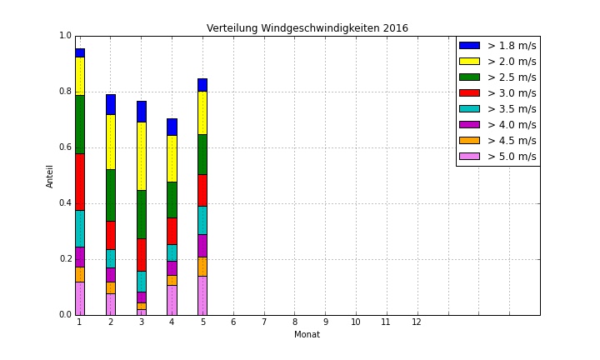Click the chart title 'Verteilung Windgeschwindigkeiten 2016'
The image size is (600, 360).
click(307, 28)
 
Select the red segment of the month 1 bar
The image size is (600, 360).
click(80, 182)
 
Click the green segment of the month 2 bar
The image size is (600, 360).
click(111, 195)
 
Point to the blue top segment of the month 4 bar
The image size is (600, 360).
click(172, 127)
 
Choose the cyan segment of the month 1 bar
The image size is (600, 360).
click(80, 228)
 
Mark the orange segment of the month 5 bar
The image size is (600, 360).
click(202, 266)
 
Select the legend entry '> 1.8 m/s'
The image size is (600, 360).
click(511, 46)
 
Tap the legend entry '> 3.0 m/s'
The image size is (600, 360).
click(511, 93)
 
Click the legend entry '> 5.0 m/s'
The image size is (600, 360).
click(511, 157)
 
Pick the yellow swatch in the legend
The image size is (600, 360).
click(470, 62)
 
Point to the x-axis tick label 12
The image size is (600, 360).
click(417, 322)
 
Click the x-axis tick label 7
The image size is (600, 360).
click(264, 322)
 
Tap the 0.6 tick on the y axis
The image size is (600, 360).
click(66, 147)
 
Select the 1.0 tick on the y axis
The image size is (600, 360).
click(66, 36)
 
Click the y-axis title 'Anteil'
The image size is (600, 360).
click(50, 175)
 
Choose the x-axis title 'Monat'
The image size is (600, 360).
click(307, 335)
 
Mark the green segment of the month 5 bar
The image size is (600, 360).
click(202, 154)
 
